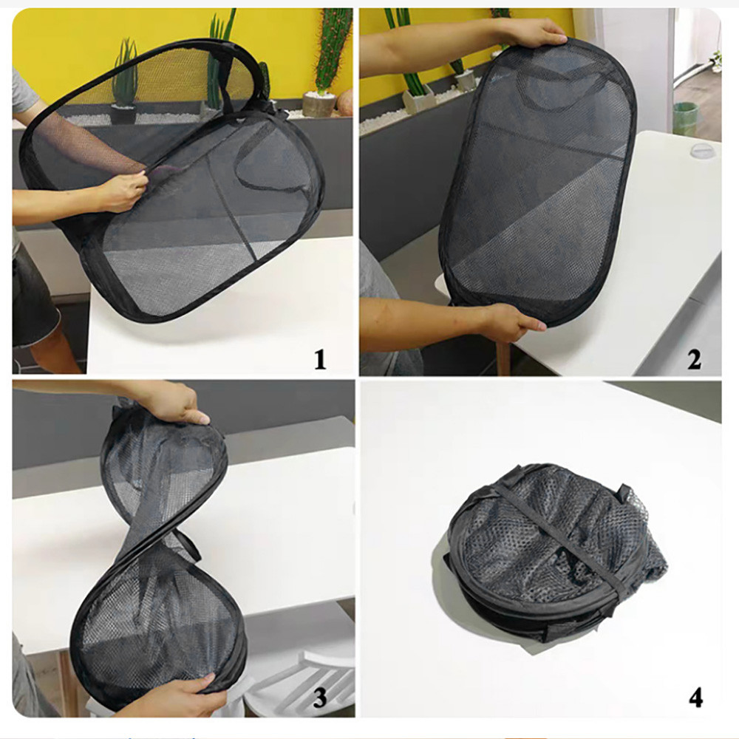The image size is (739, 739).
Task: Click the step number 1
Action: coord(320,359)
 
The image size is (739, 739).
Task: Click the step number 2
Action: coord(694,360)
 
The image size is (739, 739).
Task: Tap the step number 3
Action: coord(320,697)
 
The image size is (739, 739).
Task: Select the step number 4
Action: coord(695,698)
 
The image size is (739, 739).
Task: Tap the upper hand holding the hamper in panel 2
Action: coord(542,35)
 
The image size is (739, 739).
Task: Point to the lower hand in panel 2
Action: coord(511,322)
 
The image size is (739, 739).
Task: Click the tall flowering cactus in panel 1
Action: coord(333,50)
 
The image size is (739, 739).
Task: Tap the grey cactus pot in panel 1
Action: coord(319,104)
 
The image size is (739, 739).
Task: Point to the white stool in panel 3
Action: coord(302,678)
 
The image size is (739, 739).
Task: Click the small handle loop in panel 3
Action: coord(188,542)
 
